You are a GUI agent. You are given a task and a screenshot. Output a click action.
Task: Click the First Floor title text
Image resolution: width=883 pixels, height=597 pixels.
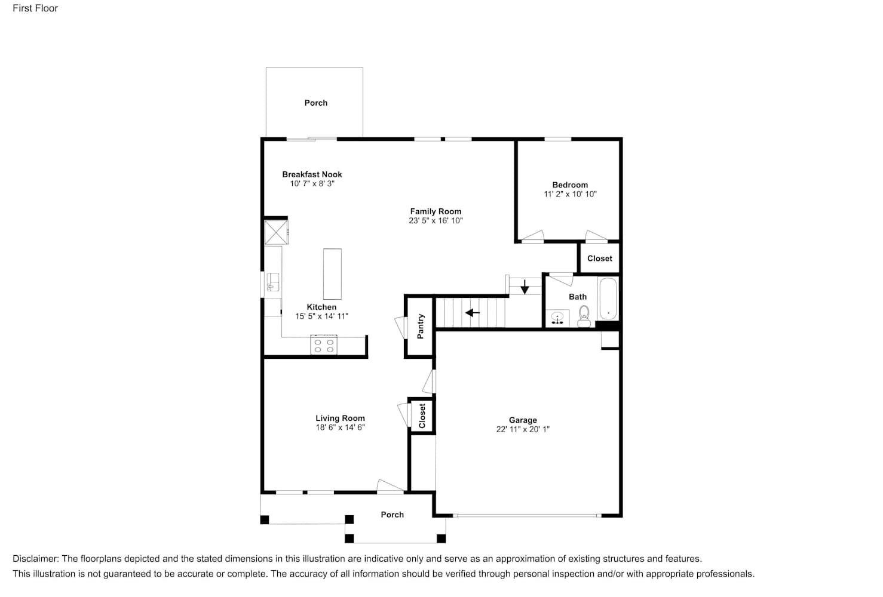click(35, 8)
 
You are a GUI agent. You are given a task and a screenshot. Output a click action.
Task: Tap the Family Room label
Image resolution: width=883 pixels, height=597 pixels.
click(436, 211)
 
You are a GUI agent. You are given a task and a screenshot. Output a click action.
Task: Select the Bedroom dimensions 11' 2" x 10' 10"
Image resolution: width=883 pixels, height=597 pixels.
click(570, 194)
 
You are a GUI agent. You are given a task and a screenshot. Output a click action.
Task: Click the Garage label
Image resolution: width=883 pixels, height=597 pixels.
click(523, 420)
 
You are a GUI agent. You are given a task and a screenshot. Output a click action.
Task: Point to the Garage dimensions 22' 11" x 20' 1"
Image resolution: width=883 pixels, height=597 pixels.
click(523, 429)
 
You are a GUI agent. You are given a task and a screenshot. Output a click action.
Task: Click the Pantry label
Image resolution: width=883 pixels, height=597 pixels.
click(421, 326)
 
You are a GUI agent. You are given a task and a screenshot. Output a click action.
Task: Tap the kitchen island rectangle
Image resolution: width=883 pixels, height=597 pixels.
click(332, 274)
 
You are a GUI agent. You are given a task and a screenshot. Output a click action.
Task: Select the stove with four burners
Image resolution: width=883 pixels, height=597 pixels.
click(324, 345)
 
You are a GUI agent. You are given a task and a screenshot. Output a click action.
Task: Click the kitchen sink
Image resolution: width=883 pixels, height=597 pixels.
click(273, 282)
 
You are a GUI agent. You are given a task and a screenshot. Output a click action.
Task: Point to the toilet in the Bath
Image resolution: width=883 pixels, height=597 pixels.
click(584, 316)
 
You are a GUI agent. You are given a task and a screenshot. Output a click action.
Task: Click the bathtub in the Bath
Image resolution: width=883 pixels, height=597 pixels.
click(608, 298)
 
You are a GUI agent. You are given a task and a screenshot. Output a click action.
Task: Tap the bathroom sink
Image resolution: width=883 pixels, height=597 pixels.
click(557, 318)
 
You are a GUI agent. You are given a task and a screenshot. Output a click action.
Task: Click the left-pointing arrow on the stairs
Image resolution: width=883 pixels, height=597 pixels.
click(472, 313)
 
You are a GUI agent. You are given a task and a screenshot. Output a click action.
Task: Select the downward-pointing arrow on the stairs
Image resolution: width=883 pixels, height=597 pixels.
click(525, 287)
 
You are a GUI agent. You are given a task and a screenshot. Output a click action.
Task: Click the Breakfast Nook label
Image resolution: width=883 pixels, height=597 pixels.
click(312, 174)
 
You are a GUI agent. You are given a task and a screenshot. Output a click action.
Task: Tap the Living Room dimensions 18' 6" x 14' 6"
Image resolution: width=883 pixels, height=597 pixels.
click(340, 427)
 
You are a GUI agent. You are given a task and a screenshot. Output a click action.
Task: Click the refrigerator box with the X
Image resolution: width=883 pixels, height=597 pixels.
click(277, 233)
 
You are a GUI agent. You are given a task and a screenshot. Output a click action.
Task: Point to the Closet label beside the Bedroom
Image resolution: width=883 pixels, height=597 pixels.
click(600, 259)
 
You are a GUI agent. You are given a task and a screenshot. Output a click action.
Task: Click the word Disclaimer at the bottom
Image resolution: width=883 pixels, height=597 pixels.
click(35, 558)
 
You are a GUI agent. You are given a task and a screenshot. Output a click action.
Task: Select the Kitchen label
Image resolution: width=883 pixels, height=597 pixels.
click(321, 307)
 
